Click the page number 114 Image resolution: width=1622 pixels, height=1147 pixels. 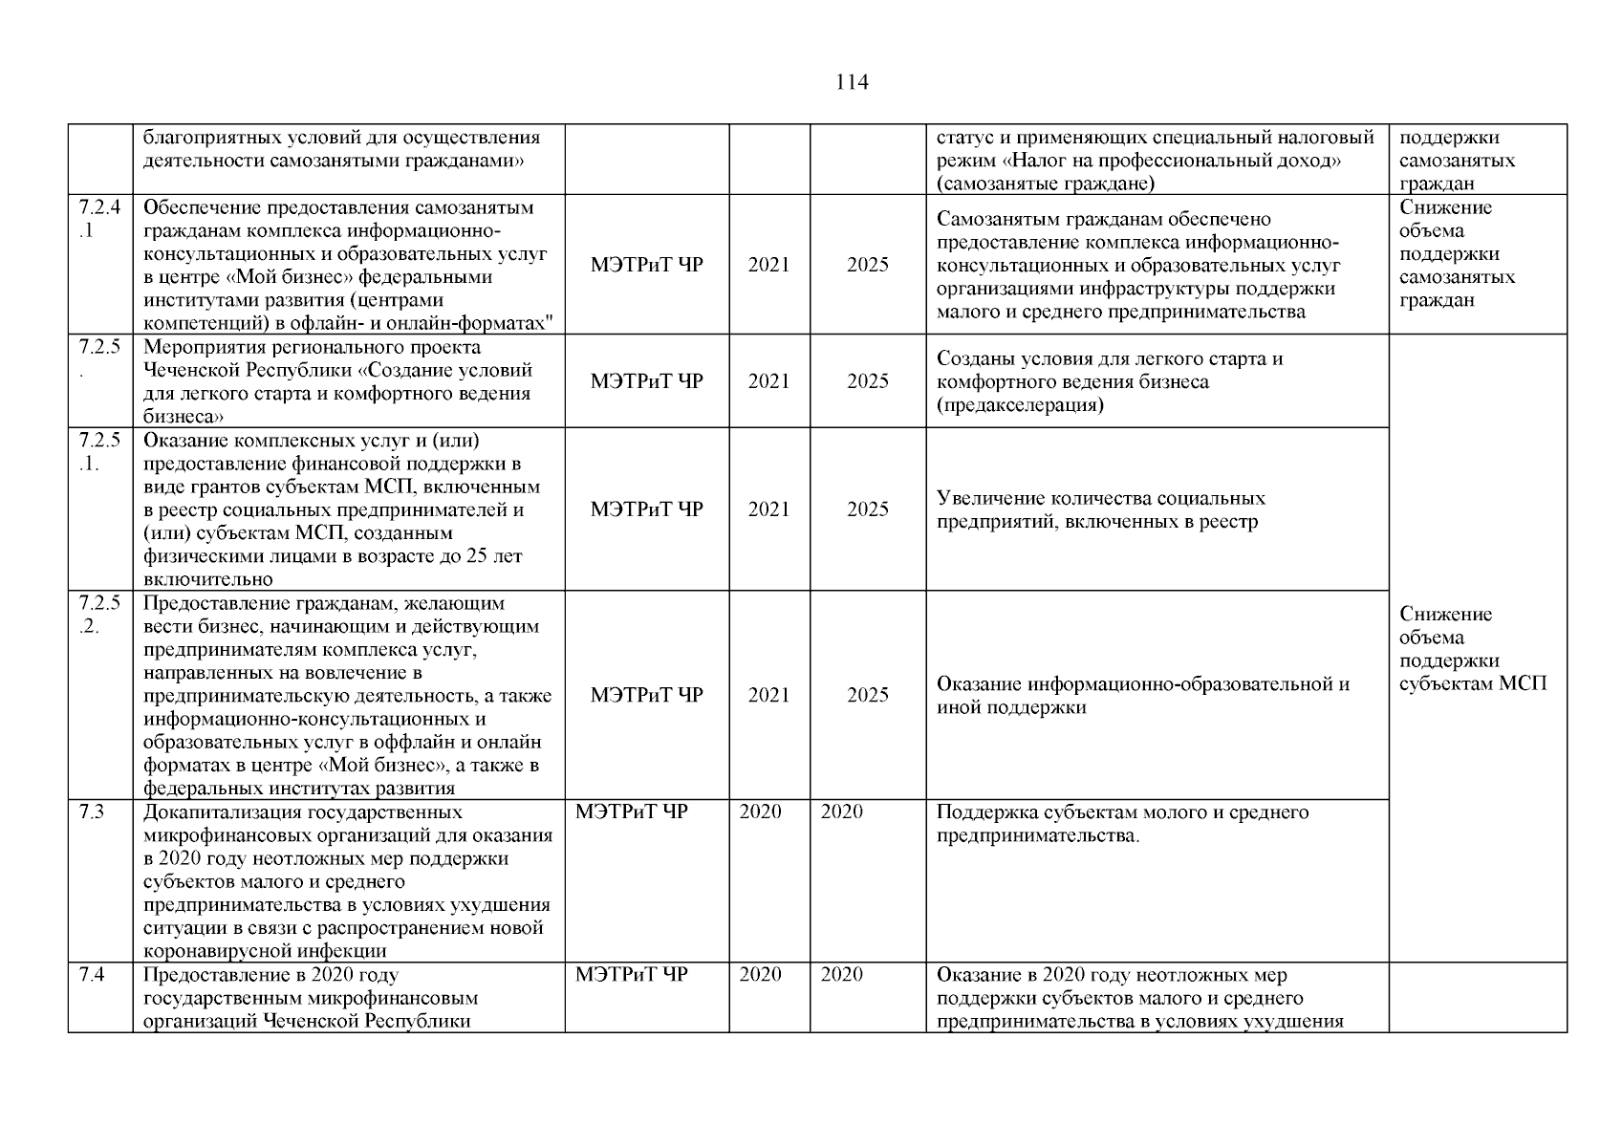[x=851, y=82]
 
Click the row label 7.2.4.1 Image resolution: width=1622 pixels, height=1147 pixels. [x=99, y=219]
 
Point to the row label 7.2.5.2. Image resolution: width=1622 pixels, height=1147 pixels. [x=99, y=615]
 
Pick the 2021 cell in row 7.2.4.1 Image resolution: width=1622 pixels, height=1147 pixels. [x=768, y=265]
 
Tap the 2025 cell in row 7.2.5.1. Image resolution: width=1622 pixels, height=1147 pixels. [x=867, y=509]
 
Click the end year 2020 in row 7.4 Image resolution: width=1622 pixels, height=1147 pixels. [x=841, y=975]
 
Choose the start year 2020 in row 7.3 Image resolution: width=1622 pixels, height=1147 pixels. [x=760, y=812]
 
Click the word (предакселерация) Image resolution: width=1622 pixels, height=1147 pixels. [x=1020, y=405]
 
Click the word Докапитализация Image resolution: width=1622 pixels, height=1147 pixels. [x=222, y=812]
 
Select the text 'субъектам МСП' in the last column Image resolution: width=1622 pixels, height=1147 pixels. [x=1472, y=684]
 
